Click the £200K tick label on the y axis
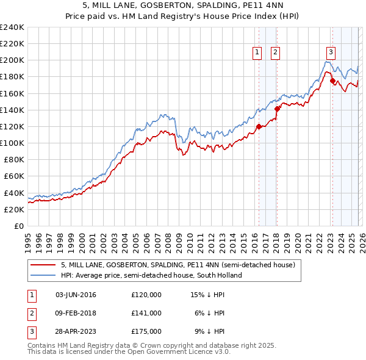pos(12,60)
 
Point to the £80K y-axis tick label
pos(13,159)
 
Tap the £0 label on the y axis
pos(20,226)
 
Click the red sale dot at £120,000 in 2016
pos(259,127)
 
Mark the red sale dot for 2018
pos(277,109)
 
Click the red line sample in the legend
pos(43,265)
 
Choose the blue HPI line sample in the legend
pos(43,275)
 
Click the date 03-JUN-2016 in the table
pos(76,295)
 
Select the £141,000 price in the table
pos(146,313)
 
